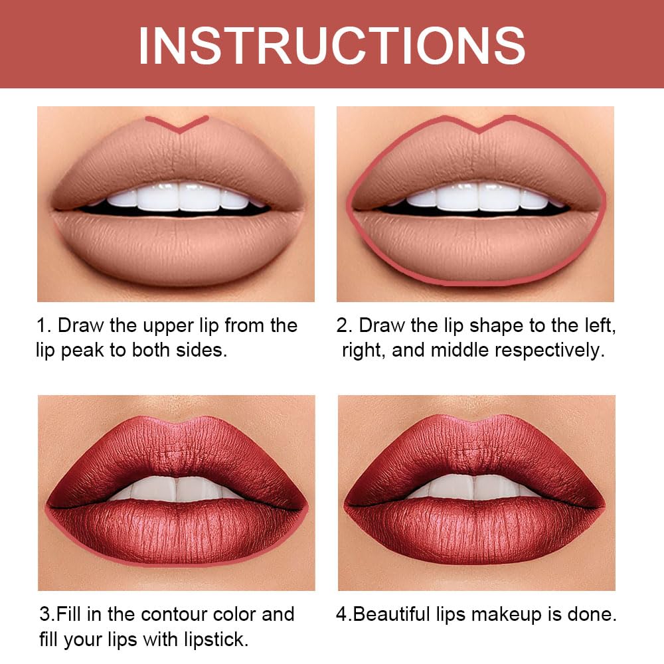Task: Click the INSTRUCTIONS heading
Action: tap(331, 44)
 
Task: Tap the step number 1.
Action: tap(41, 326)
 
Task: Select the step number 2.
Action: tap(342, 326)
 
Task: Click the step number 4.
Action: tap(341, 614)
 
